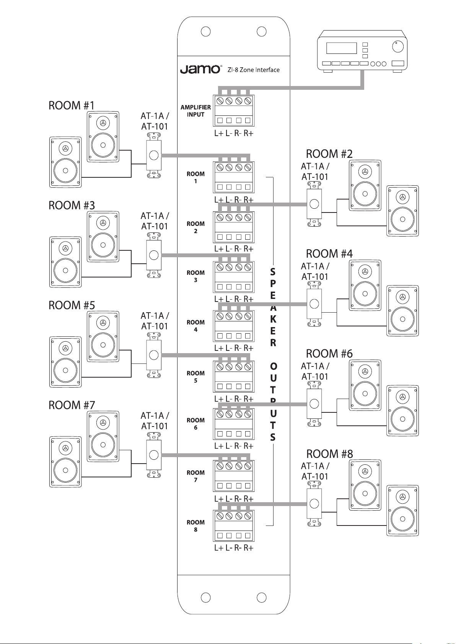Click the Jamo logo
pyautogui.click(x=200, y=70)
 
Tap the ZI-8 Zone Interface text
pyautogui.click(x=254, y=70)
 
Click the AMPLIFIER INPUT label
pyautogui.click(x=195, y=111)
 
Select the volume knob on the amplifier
pyautogui.click(x=398, y=47)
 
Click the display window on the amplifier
pyautogui.click(x=342, y=48)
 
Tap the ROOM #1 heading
pyautogui.click(x=72, y=105)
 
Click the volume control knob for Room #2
pyautogui.click(x=314, y=204)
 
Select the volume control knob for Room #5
pyautogui.click(x=154, y=355)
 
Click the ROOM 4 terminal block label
pyautogui.click(x=195, y=326)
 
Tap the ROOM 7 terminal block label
pyautogui.click(x=195, y=476)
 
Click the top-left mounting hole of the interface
pyautogui.click(x=206, y=31)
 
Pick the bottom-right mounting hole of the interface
pyautogui.click(x=262, y=597)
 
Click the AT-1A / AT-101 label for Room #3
pyautogui.click(x=155, y=221)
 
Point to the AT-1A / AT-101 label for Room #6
pyautogui.click(x=315, y=371)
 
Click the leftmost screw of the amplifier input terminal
pyautogui.click(x=220, y=101)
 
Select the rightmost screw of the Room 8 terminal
pyautogui.click(x=248, y=516)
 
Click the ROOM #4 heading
pyautogui.click(x=329, y=254)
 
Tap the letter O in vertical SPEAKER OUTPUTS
pyautogui.click(x=273, y=367)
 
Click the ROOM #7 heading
pyautogui.click(x=72, y=405)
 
